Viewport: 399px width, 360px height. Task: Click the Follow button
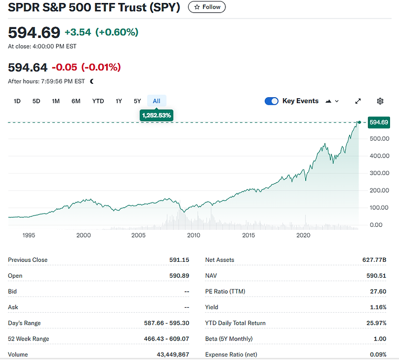[x=207, y=7]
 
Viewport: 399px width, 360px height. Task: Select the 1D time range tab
[x=17, y=101]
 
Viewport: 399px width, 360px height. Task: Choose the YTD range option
[x=98, y=101]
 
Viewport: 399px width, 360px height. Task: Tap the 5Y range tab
[x=137, y=101]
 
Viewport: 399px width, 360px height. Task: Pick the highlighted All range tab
[x=157, y=101]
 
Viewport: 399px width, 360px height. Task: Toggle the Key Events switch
[x=271, y=101]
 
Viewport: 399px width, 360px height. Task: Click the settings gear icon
[x=380, y=101]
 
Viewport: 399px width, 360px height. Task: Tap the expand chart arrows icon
[x=358, y=101]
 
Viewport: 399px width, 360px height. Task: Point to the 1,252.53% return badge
[x=157, y=115]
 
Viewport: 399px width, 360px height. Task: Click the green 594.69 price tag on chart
[x=378, y=122]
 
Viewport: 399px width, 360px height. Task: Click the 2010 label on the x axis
[x=194, y=235]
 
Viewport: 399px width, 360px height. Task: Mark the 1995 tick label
[x=28, y=235]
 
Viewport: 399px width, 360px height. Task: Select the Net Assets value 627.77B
[x=374, y=260]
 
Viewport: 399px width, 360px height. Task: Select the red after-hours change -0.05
[x=64, y=67]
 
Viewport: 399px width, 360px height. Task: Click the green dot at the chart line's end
[x=359, y=122]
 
